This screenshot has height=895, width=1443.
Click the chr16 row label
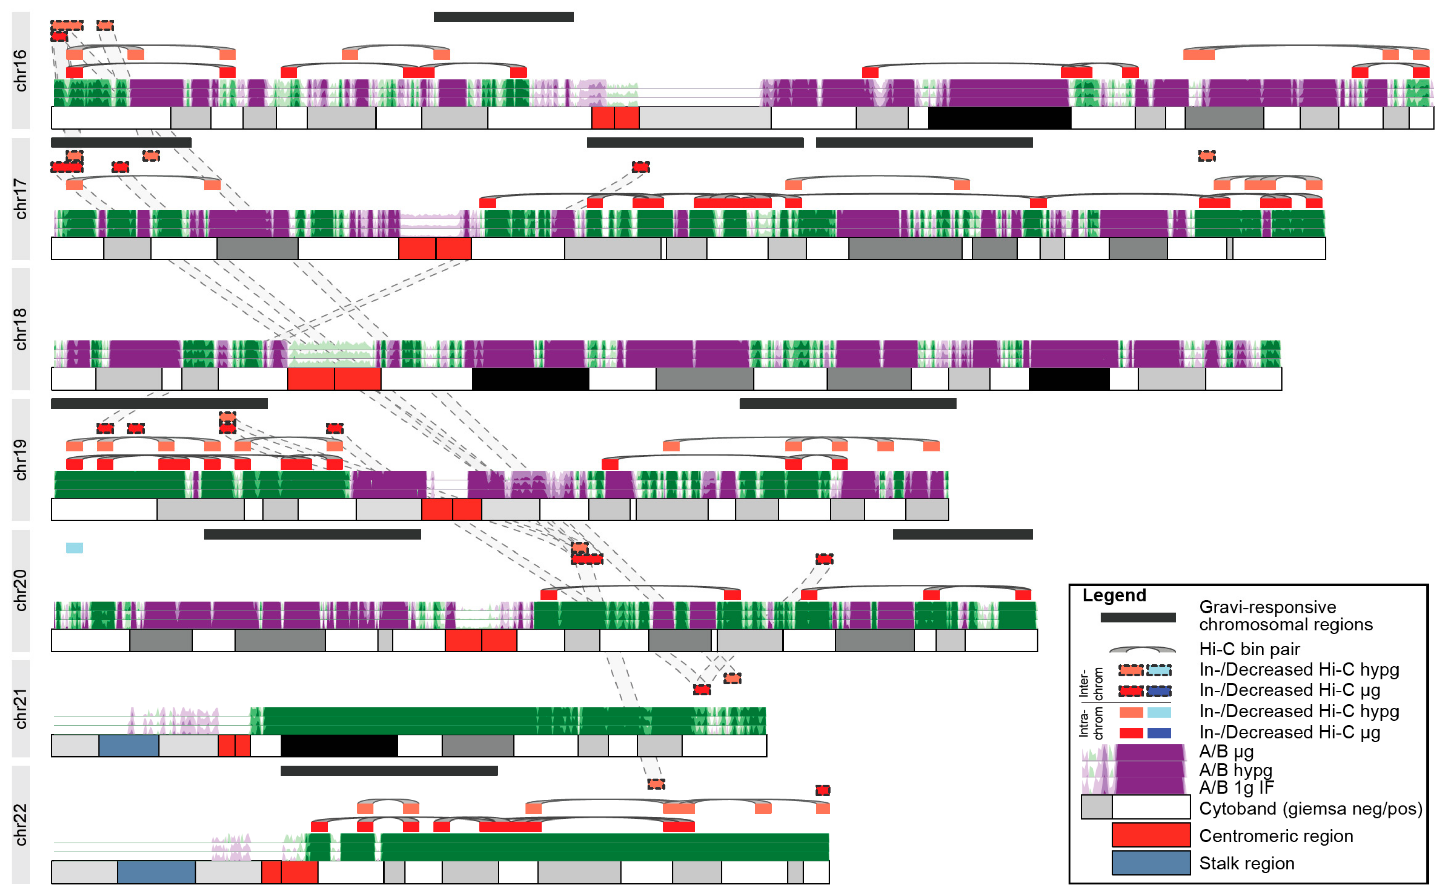click(20, 70)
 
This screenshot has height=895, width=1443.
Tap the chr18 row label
click(20, 329)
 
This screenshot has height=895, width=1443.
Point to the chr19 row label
click(20, 460)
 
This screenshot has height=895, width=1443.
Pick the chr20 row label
click(20, 590)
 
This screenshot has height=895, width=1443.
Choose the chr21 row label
click(20, 709)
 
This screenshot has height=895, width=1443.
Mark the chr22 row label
click(20, 825)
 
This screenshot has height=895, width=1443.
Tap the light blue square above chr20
click(74, 547)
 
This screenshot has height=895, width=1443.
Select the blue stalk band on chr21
click(128, 746)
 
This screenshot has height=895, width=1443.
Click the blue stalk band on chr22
click(156, 871)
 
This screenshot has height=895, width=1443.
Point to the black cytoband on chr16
click(999, 118)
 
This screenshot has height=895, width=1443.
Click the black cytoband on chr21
click(339, 746)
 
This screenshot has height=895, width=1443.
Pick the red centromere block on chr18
click(334, 379)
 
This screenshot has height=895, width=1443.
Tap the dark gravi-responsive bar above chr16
click(504, 17)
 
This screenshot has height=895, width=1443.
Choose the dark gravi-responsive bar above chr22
click(389, 771)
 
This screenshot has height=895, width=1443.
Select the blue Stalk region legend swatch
click(1151, 862)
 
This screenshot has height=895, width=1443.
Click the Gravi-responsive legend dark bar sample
click(1138, 617)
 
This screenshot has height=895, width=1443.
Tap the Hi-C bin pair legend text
click(1249, 649)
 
